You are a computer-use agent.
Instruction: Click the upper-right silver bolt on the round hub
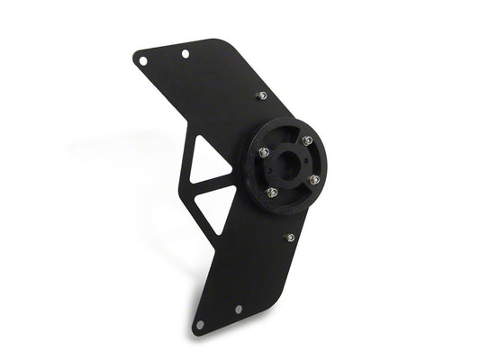pyautogui.click(x=306, y=140)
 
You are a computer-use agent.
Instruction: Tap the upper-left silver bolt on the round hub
pyautogui.click(x=265, y=152)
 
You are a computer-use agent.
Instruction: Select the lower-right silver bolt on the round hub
pyautogui.click(x=314, y=179)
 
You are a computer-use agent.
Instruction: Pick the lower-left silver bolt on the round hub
pyautogui.click(x=270, y=193)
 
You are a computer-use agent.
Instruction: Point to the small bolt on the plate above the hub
pyautogui.click(x=260, y=94)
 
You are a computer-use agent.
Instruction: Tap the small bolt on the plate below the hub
pyautogui.click(x=289, y=238)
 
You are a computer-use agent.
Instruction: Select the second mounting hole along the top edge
pyautogui.click(x=185, y=55)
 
